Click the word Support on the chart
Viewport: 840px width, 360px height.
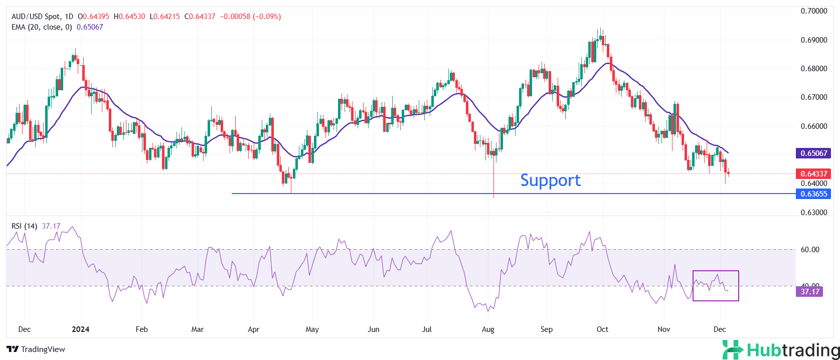[550, 181]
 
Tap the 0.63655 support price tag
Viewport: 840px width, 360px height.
[813, 194]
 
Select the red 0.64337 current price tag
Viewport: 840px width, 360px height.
[813, 174]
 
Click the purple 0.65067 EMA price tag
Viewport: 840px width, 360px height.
[813, 153]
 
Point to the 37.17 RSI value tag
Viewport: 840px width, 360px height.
[809, 292]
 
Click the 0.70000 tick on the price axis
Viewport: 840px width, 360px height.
[813, 11]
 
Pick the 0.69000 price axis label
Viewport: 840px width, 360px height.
[813, 40]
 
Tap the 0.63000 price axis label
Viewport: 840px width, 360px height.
[813, 213]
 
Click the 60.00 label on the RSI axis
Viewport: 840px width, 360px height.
[809, 250]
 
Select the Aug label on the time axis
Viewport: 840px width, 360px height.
[487, 329]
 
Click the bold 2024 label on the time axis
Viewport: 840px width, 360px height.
[80, 329]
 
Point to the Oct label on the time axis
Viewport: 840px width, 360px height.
[602, 329]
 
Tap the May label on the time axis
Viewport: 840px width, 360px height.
[312, 329]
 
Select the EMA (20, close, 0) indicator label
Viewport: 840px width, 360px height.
[42, 27]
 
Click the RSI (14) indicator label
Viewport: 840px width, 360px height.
[24, 226]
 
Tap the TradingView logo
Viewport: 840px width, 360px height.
[36, 349]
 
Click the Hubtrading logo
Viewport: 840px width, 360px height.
[780, 350]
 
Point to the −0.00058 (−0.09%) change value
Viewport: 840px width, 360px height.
[250, 17]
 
